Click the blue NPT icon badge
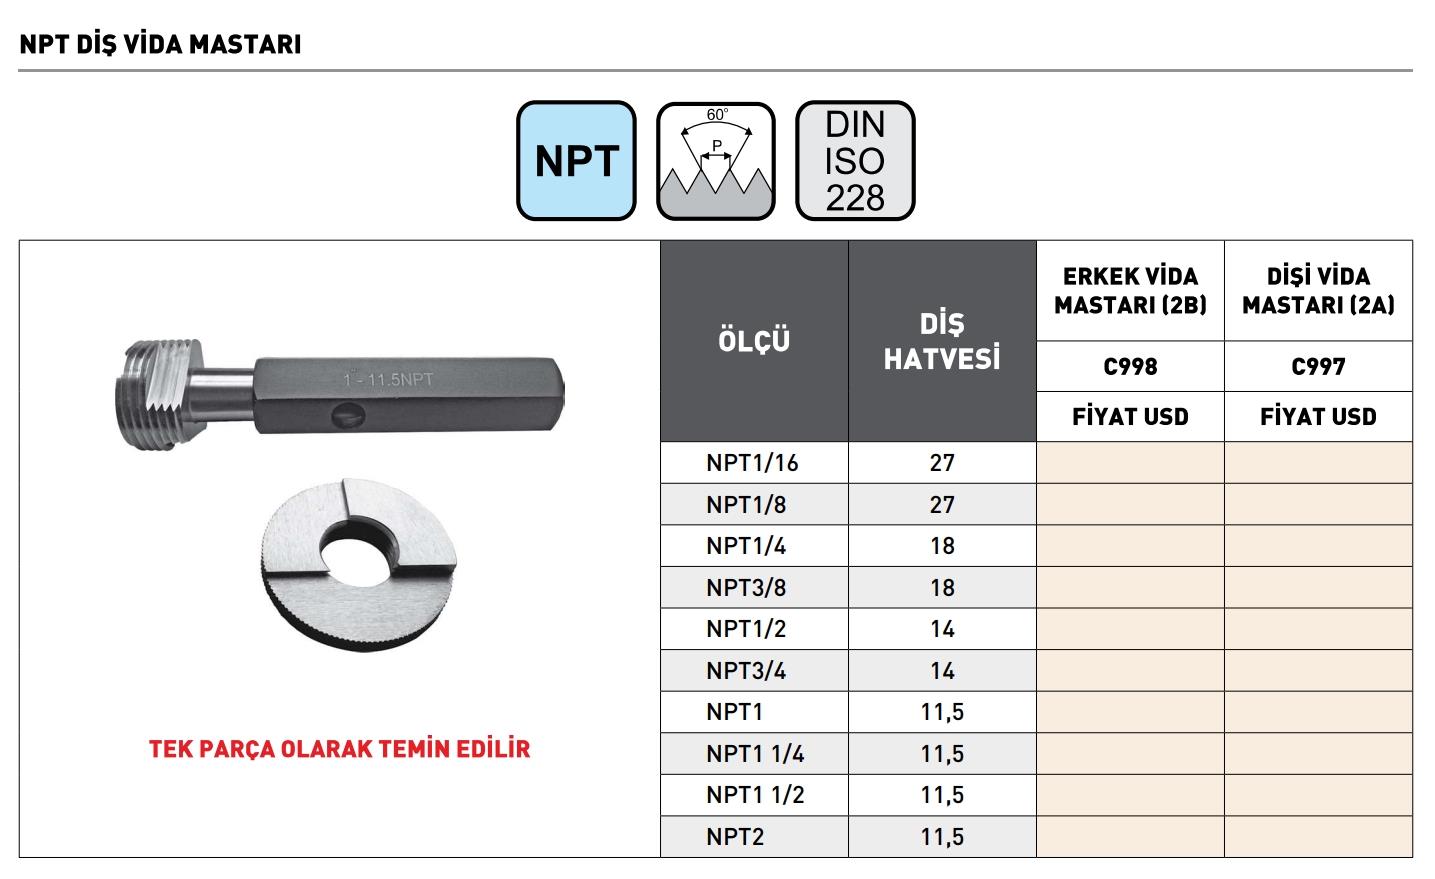[576, 161]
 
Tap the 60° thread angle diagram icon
[716, 161]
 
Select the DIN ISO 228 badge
[855, 161]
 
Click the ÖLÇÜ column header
[754, 341]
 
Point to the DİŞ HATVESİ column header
[942, 341]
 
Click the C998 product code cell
[1130, 366]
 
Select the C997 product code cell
[1318, 366]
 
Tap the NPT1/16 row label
[752, 463]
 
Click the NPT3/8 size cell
[746, 587]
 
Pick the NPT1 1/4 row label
[755, 753]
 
